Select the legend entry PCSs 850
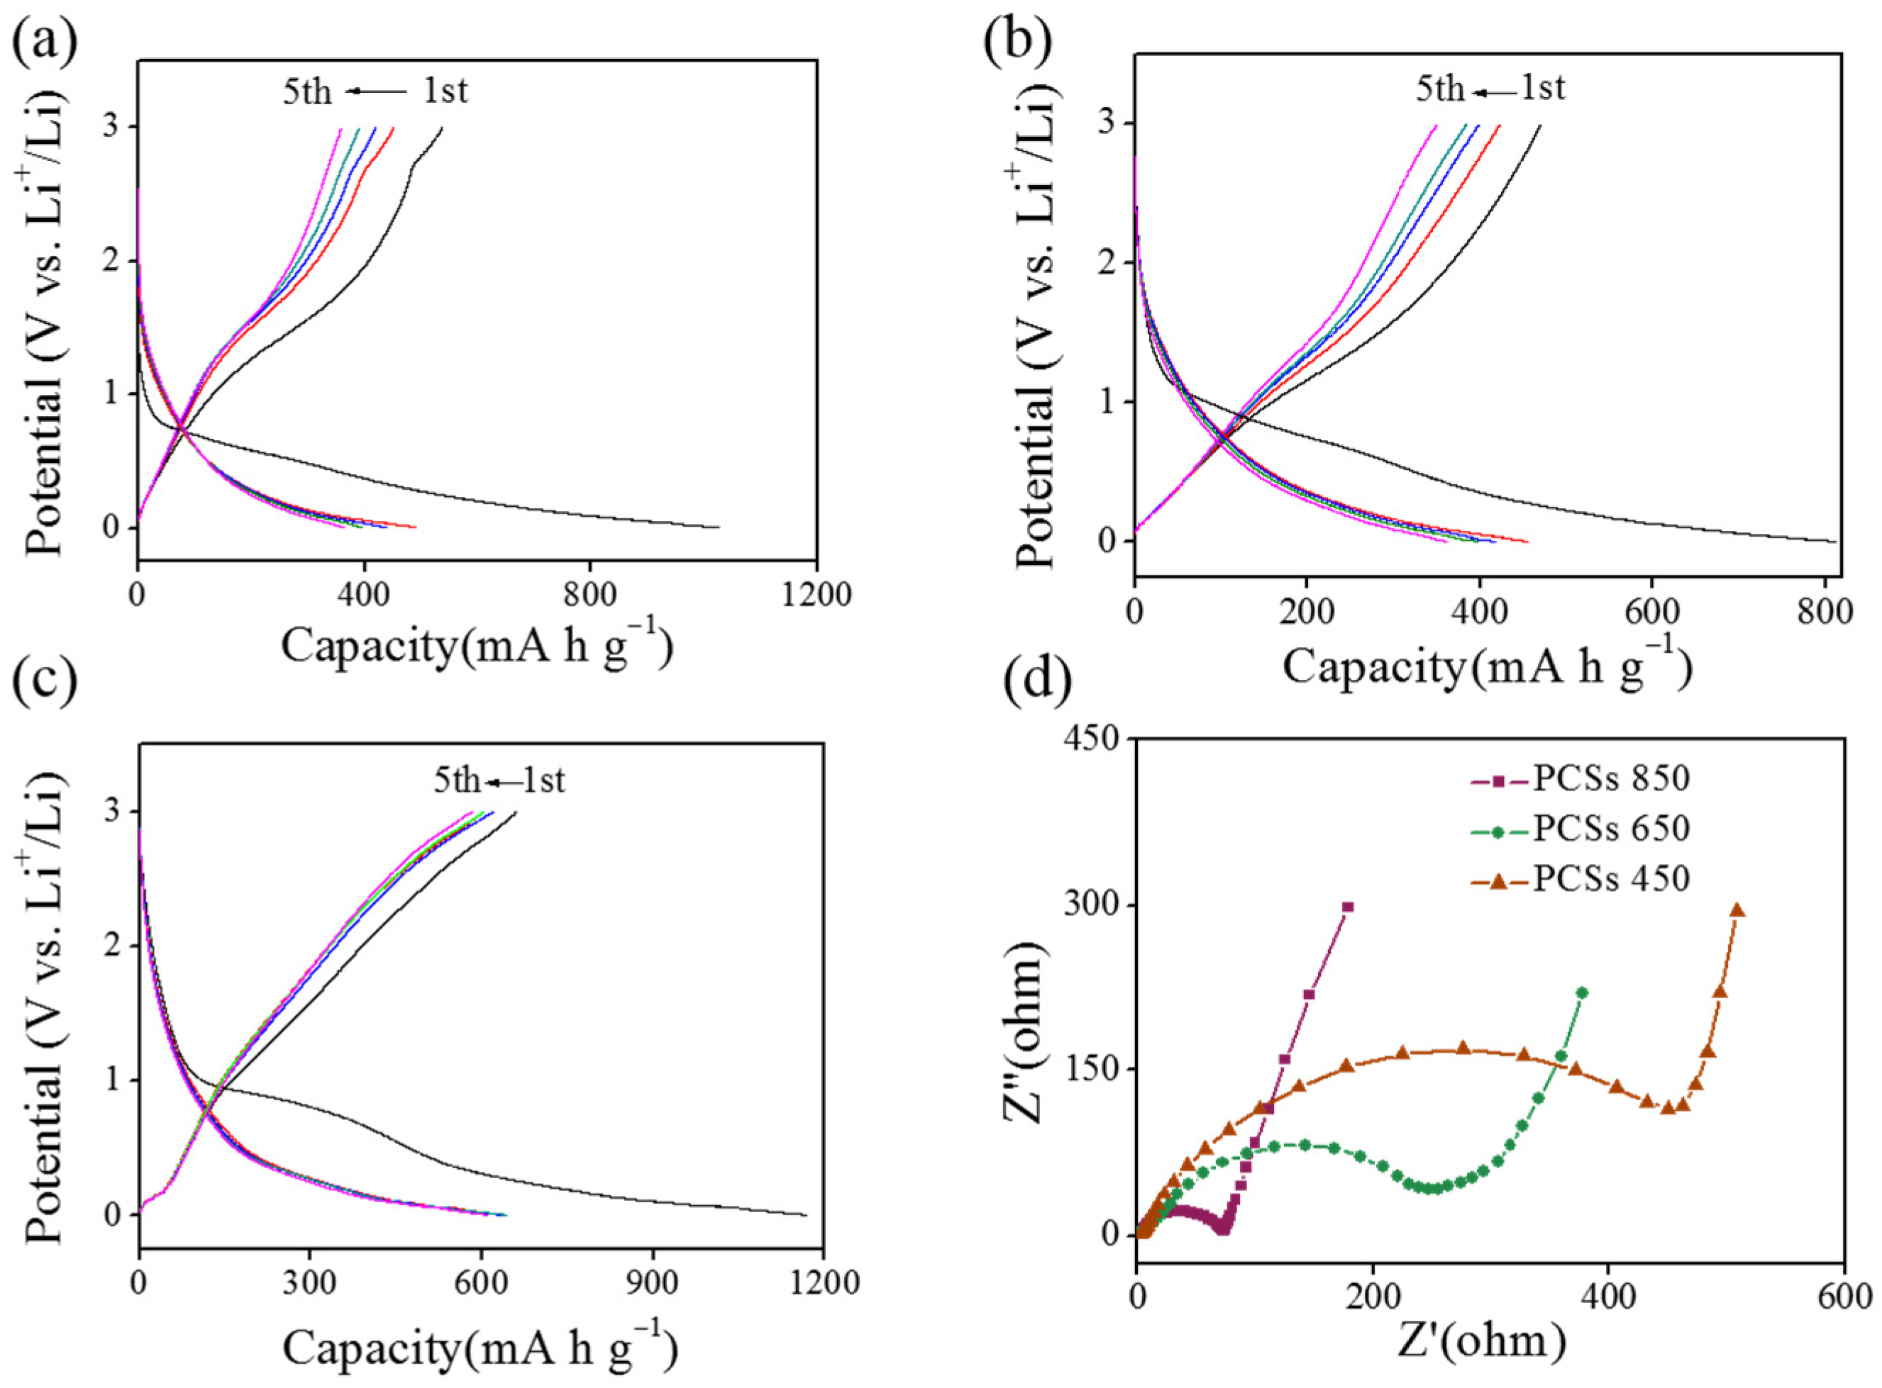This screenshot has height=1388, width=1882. click(1610, 778)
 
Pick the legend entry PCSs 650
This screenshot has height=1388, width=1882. click(1610, 829)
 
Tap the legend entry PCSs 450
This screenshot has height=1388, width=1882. click(1610, 879)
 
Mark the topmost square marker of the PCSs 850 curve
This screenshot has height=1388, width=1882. click(1349, 907)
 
